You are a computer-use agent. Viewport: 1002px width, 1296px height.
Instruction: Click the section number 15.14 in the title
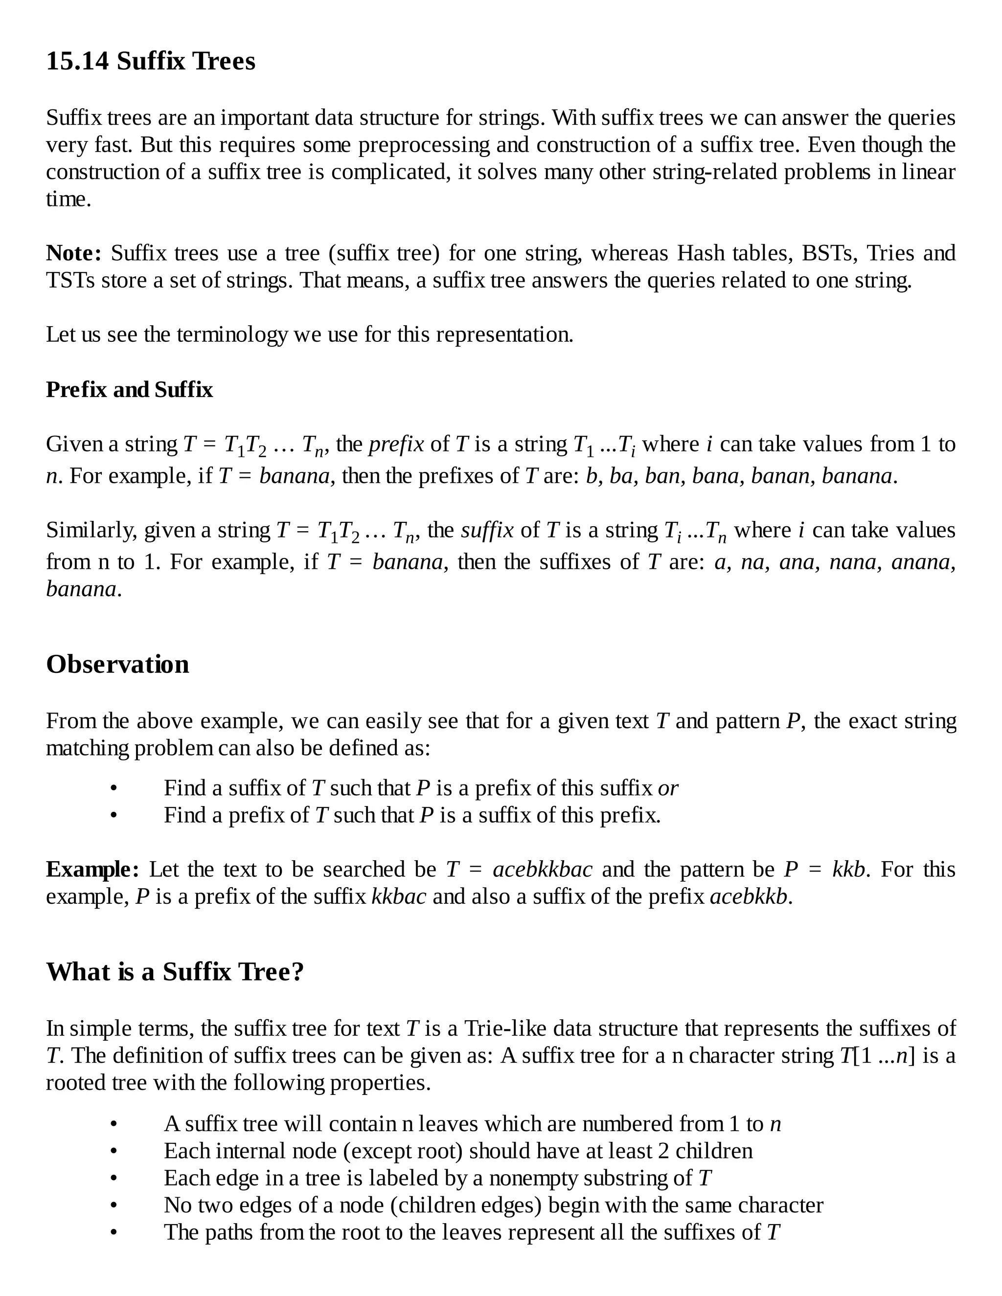[77, 61]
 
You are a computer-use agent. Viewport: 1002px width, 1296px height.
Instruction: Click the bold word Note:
[73, 253]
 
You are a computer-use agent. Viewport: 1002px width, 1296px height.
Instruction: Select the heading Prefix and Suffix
[129, 390]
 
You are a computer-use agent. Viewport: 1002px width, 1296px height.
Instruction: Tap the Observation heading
[117, 664]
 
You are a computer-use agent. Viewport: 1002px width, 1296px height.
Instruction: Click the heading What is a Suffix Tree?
[175, 972]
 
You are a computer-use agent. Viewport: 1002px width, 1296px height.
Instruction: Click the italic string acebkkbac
[542, 870]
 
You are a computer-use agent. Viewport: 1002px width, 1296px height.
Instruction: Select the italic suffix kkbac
[398, 896]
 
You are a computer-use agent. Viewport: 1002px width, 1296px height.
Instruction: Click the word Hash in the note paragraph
[701, 253]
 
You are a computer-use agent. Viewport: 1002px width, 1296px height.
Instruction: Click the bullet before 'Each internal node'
[114, 1152]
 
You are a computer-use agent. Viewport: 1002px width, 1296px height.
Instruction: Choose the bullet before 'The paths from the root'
[114, 1233]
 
